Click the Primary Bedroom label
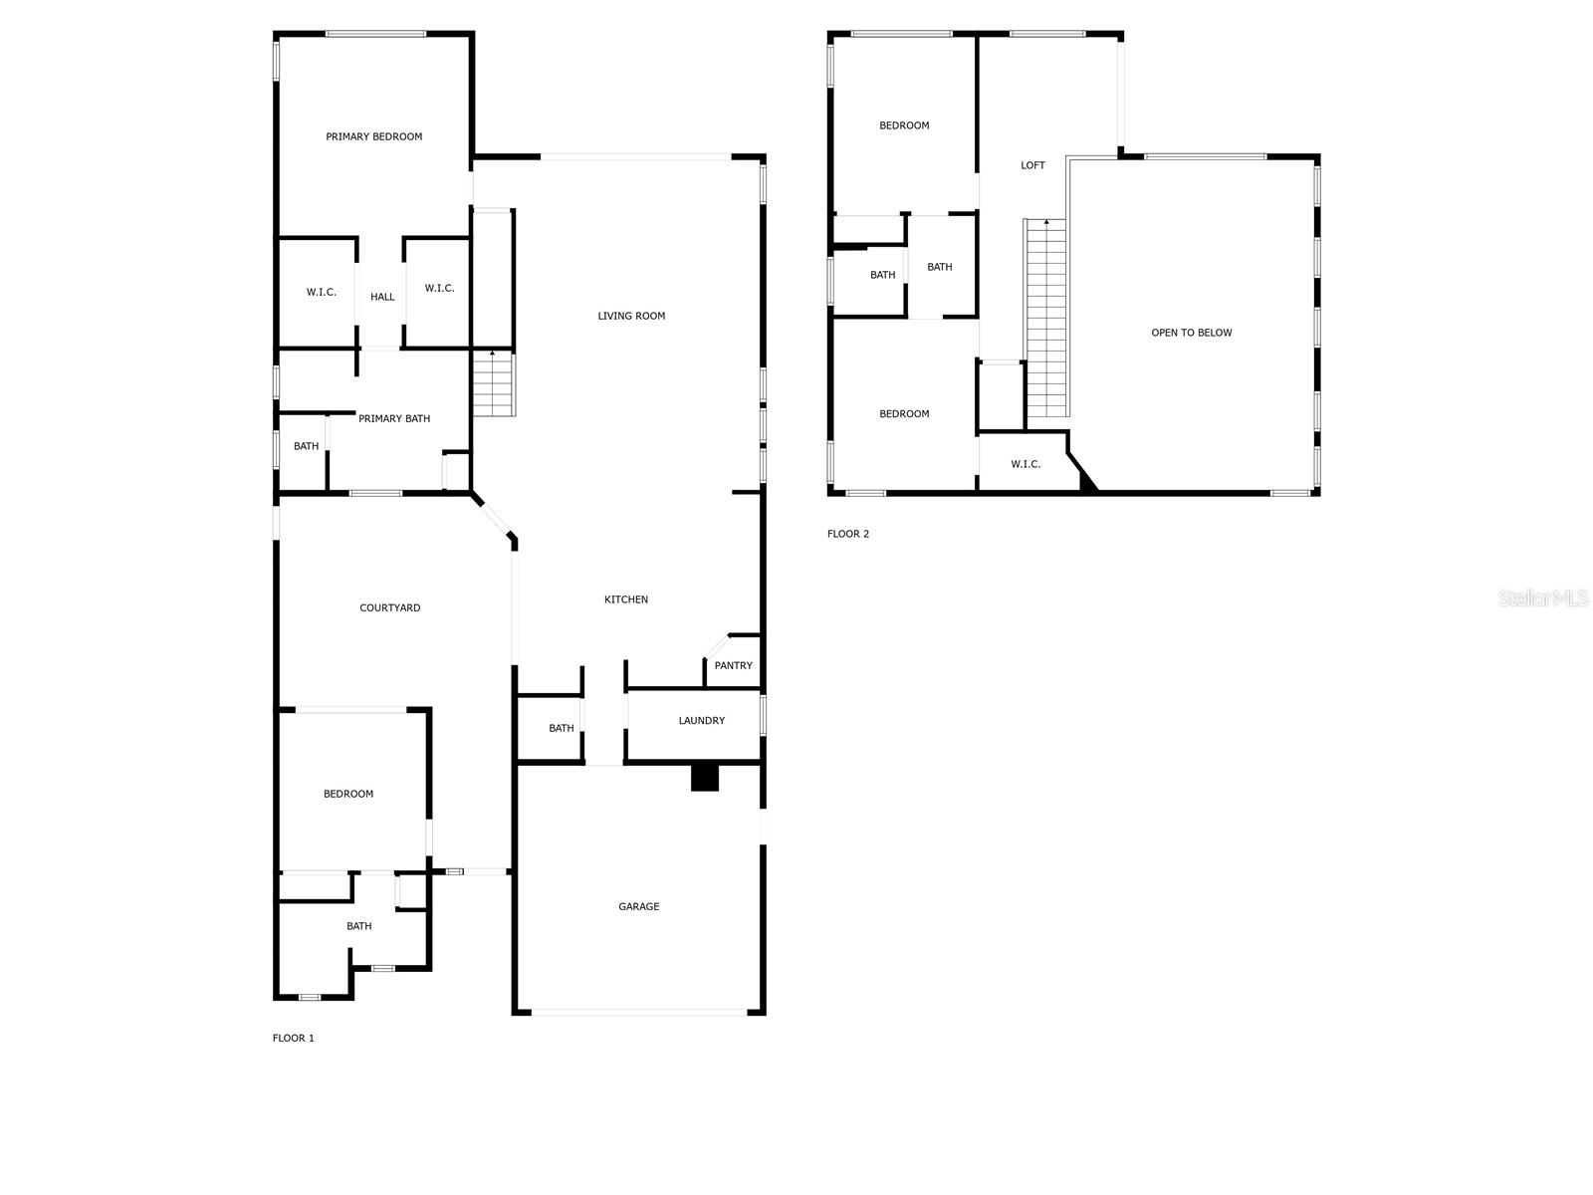point(373,136)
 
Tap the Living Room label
point(631,316)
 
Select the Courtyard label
point(389,607)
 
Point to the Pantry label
point(734,665)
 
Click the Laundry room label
point(702,720)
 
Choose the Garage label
point(638,906)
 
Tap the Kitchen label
point(626,599)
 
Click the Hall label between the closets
point(382,297)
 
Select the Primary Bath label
point(394,418)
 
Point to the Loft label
point(1032,165)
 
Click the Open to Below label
point(1192,333)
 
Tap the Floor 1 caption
point(293,1038)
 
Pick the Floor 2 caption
point(848,534)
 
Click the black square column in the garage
point(705,777)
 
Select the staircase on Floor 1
point(492,384)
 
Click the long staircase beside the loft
point(1046,319)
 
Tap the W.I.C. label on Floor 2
point(1025,464)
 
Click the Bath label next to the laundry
point(562,728)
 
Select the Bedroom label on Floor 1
point(348,794)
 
